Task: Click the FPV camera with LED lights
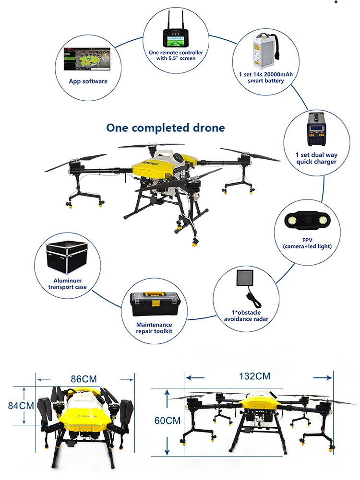point(307,220)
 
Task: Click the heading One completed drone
point(165,128)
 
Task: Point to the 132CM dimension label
point(254,376)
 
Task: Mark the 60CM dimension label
point(167,421)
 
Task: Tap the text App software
point(88,81)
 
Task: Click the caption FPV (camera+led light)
point(307,243)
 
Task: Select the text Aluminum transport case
point(67,284)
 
